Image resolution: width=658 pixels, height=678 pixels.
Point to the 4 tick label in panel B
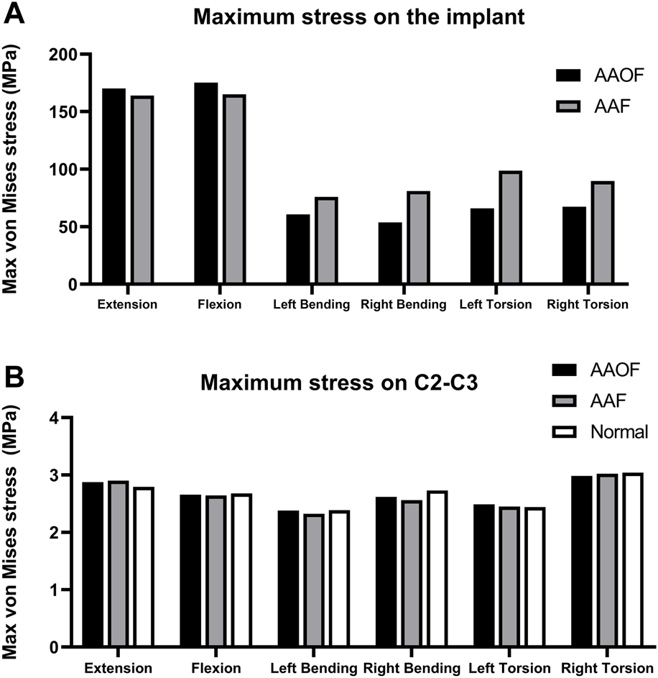[x=63, y=418]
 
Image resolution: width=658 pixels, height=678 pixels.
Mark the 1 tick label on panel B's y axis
[x=63, y=590]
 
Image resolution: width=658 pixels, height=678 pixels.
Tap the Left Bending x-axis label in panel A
[x=311, y=305]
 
